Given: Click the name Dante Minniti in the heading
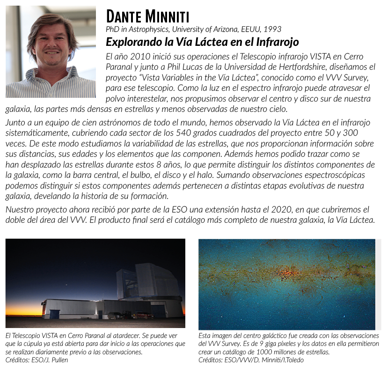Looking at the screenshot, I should pos(147,16).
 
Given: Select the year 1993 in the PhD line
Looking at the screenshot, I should pos(272,29).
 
